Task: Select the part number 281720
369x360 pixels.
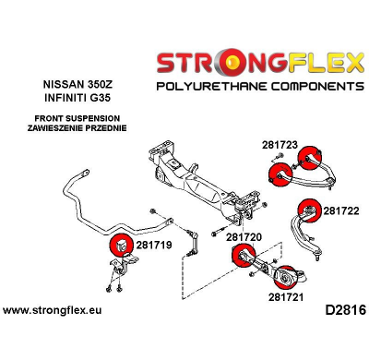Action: (x=244, y=237)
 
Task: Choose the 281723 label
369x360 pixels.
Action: (x=279, y=145)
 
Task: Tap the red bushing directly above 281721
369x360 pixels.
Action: (x=288, y=274)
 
